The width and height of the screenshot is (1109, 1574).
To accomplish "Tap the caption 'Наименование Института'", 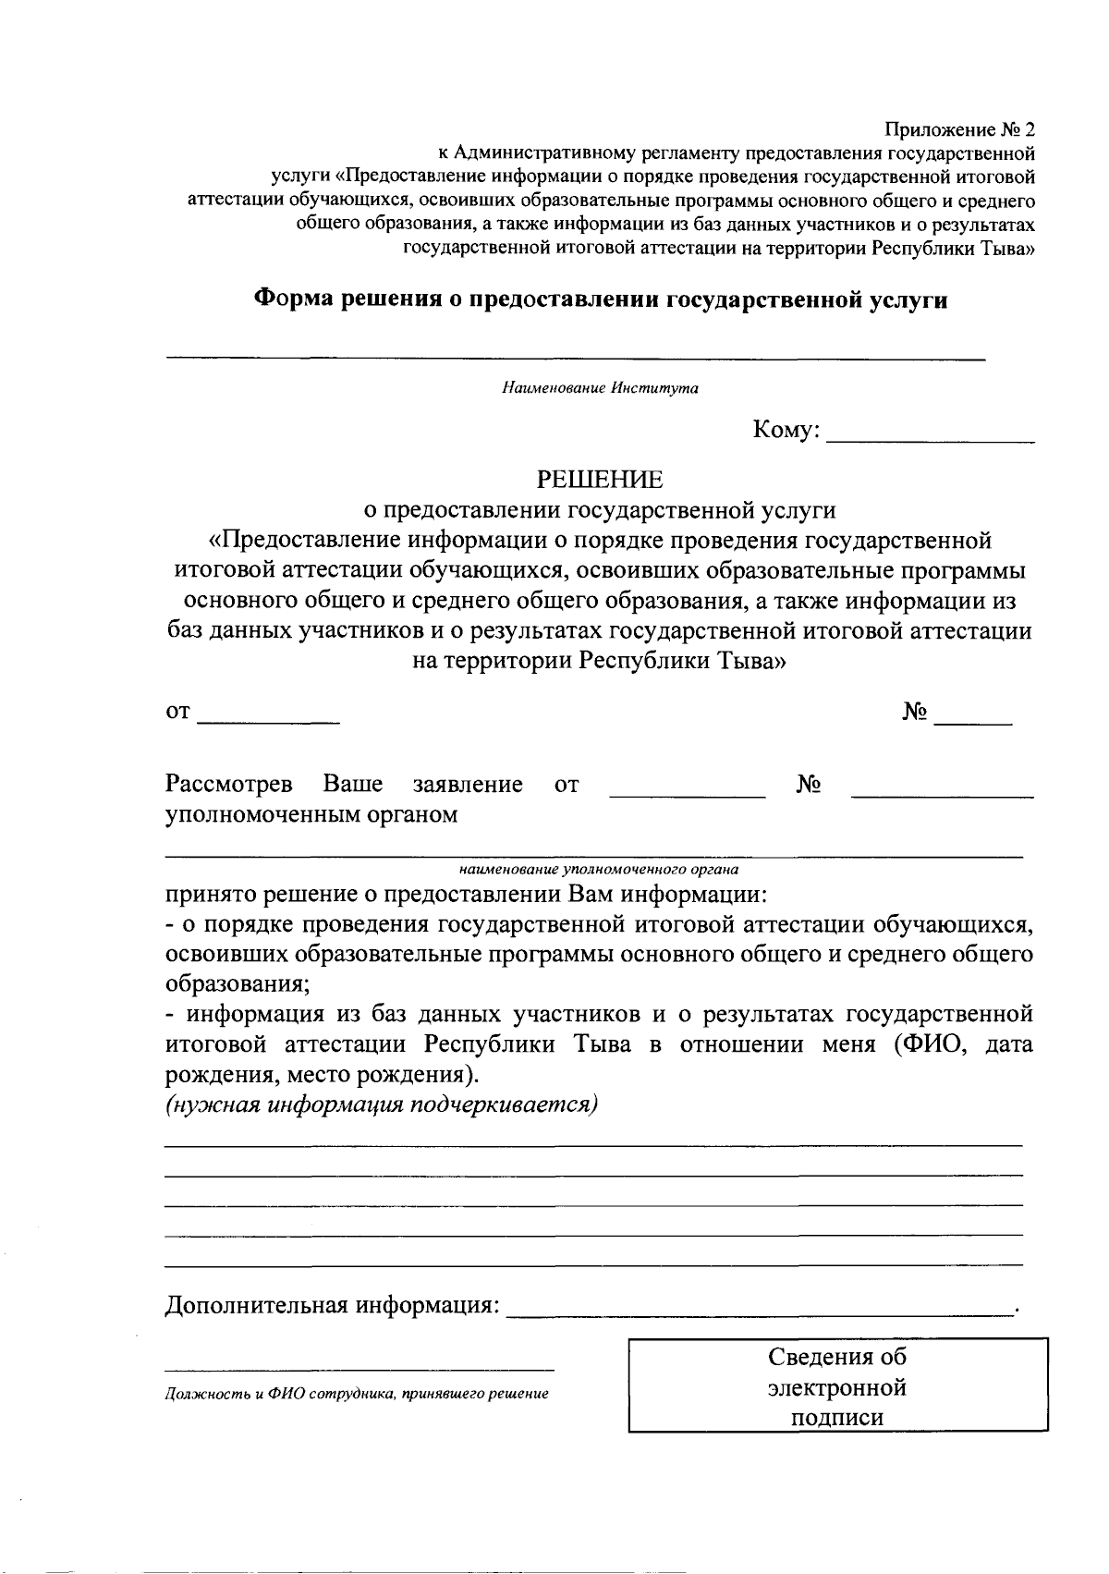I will [600, 388].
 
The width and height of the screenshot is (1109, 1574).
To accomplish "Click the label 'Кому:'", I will [786, 431].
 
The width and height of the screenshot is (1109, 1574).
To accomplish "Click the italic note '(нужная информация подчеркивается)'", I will [382, 1105].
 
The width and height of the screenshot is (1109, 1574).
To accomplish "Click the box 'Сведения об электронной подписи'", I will [837, 1386].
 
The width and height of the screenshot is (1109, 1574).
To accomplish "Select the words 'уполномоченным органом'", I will [311, 815].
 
